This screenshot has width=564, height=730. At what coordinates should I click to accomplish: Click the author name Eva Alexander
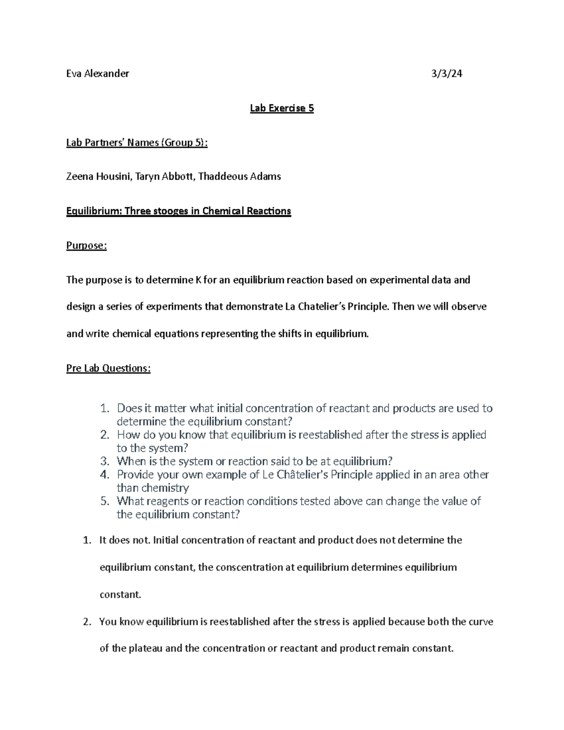pos(97,73)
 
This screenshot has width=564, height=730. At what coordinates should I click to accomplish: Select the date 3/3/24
pos(447,73)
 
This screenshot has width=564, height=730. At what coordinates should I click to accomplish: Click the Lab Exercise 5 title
pos(282,108)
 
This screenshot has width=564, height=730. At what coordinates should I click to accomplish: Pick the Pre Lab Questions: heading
pos(109,368)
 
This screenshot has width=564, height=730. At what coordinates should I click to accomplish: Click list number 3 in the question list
pos(105,461)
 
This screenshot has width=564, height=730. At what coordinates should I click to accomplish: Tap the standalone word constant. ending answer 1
pos(120,595)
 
